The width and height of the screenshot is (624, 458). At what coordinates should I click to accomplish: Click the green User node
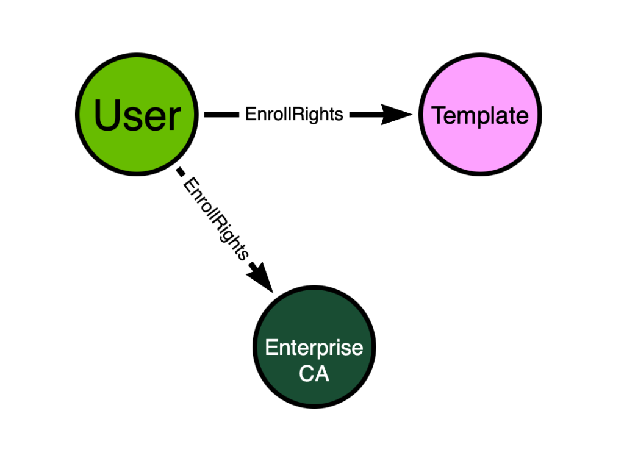click(137, 114)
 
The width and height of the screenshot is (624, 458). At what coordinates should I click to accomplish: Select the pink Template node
click(480, 114)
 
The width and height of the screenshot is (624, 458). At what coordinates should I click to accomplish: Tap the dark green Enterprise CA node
click(314, 346)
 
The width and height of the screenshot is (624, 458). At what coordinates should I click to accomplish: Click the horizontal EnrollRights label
click(294, 114)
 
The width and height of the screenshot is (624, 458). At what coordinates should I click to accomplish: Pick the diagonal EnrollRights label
click(216, 220)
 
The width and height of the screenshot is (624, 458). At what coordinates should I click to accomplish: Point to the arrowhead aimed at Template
click(396, 115)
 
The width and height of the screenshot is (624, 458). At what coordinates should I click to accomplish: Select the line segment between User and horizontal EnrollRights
click(221, 115)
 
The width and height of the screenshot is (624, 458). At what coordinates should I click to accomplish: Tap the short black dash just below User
click(181, 172)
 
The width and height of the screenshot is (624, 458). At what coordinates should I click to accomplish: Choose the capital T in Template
click(439, 115)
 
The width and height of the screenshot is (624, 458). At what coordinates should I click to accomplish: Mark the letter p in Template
click(482, 118)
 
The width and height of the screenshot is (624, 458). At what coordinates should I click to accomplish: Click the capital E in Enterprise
click(271, 348)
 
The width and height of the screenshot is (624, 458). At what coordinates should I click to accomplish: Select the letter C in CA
click(307, 374)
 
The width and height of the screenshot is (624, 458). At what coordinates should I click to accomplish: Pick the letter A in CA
click(322, 374)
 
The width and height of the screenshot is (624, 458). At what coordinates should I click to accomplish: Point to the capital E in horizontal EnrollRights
click(250, 114)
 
